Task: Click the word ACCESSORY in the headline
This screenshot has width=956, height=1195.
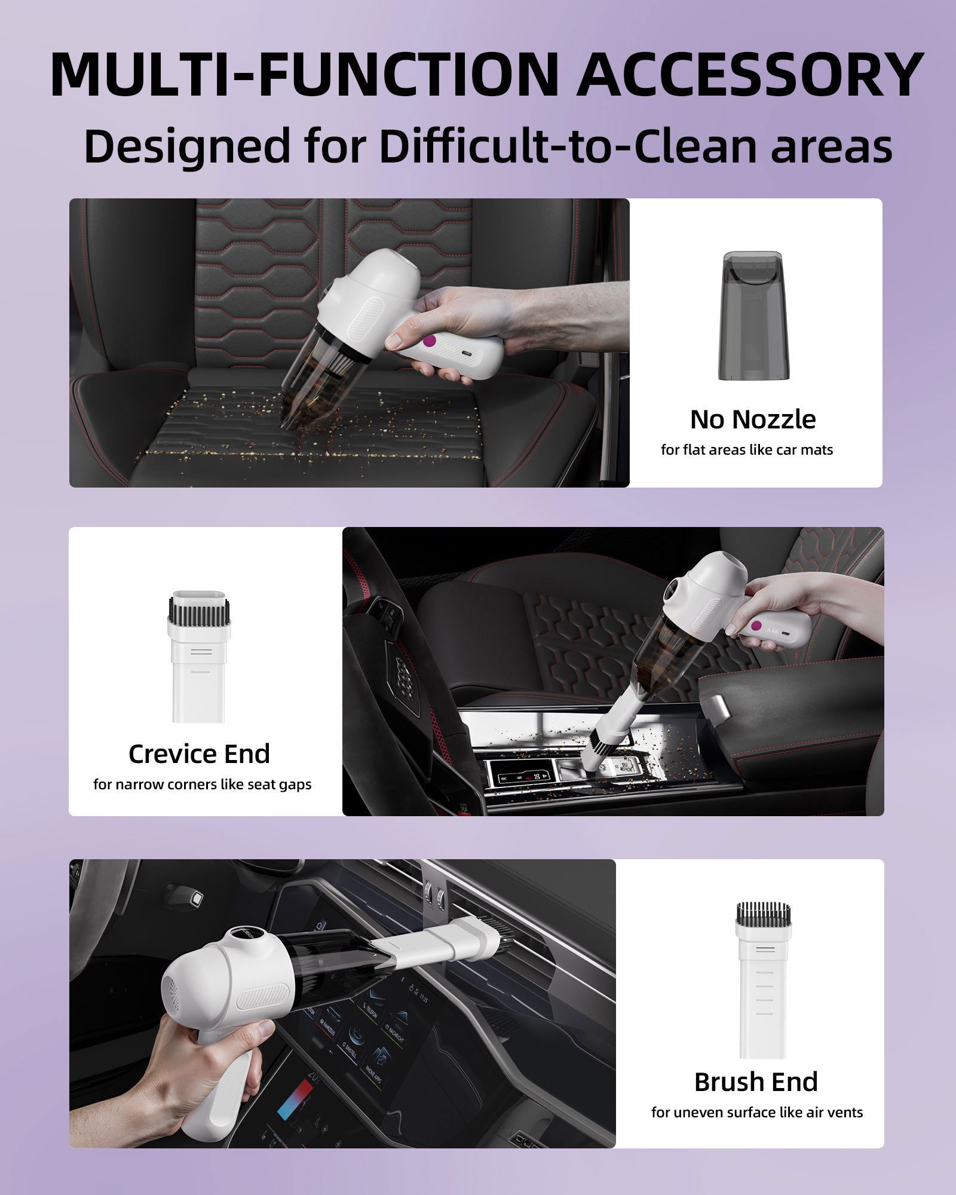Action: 751,75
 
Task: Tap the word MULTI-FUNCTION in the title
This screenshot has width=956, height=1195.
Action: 304,75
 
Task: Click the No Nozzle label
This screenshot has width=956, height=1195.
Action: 753,419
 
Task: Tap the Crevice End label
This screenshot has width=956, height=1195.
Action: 199,754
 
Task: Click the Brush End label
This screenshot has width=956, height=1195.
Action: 756,1082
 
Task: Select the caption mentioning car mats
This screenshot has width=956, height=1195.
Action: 747,450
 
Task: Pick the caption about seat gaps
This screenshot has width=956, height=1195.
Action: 202,785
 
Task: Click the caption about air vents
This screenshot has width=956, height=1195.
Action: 757,1113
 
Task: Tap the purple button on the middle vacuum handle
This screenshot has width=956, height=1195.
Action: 756,626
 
